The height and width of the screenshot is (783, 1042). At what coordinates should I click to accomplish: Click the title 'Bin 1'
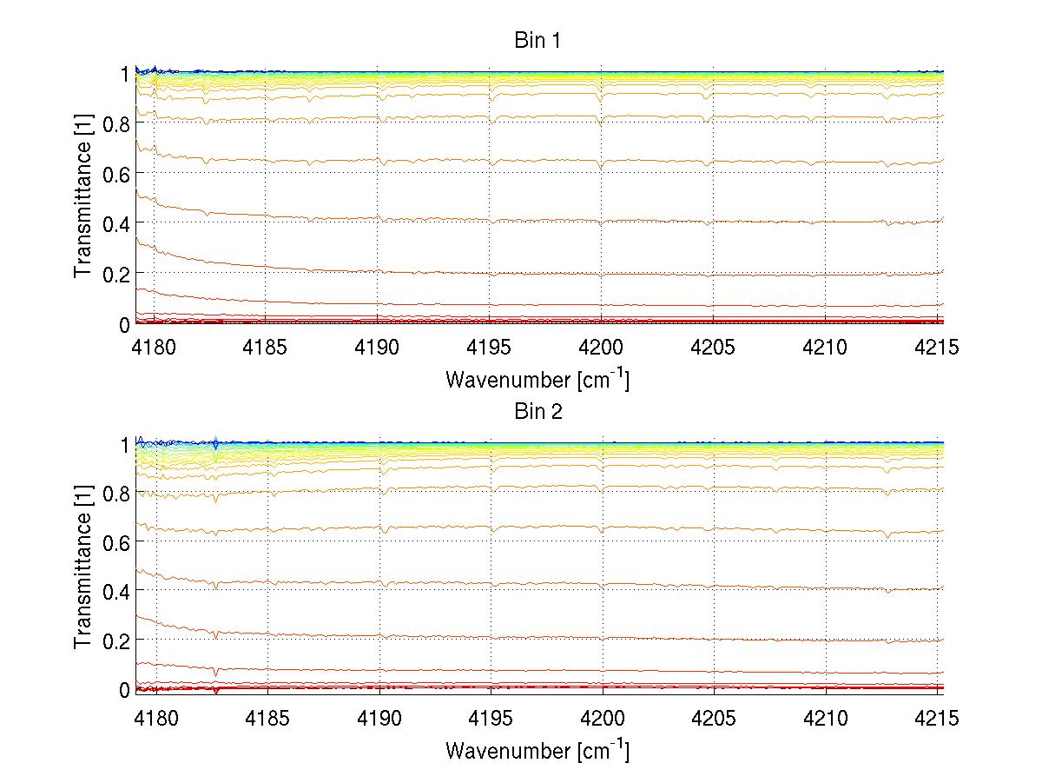pyautogui.click(x=537, y=41)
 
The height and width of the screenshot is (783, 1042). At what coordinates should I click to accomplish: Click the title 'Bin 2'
pyautogui.click(x=537, y=411)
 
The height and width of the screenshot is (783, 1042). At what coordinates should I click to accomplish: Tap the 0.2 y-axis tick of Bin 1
pyautogui.click(x=115, y=273)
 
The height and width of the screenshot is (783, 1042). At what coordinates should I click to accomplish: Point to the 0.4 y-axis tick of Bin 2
pyautogui.click(x=115, y=591)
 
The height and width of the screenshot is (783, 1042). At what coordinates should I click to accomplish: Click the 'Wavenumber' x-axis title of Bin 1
pyautogui.click(x=537, y=380)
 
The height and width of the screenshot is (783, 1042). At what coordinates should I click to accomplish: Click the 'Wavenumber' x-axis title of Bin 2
pyautogui.click(x=537, y=750)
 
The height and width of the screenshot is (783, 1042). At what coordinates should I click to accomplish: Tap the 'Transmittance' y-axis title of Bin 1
pyautogui.click(x=83, y=198)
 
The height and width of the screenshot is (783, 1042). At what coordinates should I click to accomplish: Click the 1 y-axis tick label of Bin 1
pyautogui.click(x=124, y=75)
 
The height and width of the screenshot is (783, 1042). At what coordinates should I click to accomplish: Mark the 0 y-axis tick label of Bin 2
pyautogui.click(x=123, y=690)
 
